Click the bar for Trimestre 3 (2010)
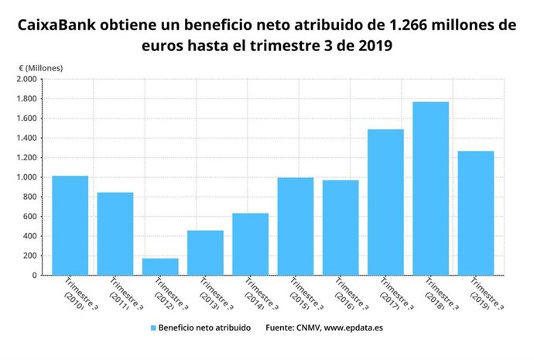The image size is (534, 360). click(70, 225)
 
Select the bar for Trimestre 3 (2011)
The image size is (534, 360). click(115, 233)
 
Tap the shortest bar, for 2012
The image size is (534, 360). click(160, 266)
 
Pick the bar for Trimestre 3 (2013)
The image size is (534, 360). click(205, 252)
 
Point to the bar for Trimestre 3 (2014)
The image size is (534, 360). click(250, 244)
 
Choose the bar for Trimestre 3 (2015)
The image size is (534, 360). click(296, 226)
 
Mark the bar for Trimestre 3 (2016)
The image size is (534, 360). click(341, 228)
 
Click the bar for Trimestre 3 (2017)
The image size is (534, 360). click(385, 202)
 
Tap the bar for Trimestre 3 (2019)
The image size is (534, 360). click(476, 213)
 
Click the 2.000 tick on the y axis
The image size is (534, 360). click(26, 79)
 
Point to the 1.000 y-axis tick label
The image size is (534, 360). click(26, 177)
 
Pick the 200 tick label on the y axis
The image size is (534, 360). click(29, 255)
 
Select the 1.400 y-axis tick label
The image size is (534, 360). click(26, 138)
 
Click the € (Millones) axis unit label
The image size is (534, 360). click(40, 67)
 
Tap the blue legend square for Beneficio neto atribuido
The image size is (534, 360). click(153, 328)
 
